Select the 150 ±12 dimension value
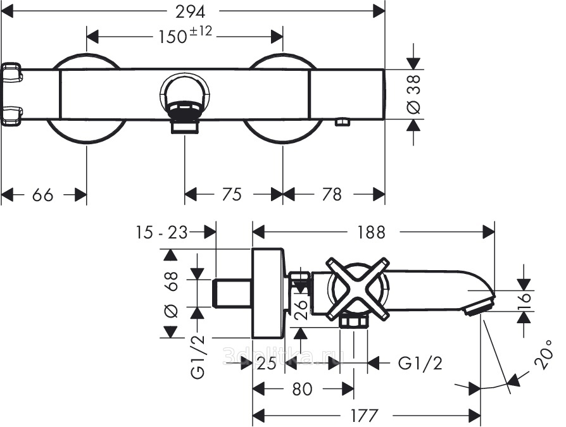tap(184, 36)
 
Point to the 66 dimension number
tap(42, 195)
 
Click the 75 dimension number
tap(232, 195)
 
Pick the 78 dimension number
tap(332, 195)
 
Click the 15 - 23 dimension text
tap(161, 232)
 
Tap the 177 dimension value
tap(365, 416)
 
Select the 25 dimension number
tap(267, 362)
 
